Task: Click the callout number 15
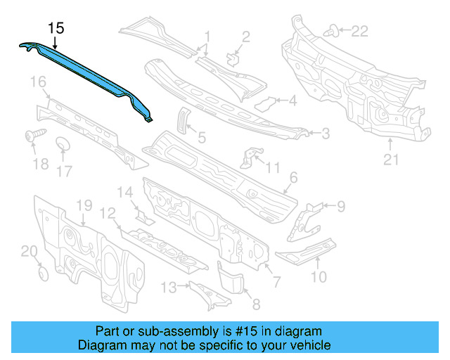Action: (x=56, y=28)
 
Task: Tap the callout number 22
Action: (x=359, y=31)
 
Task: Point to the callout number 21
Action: (x=391, y=160)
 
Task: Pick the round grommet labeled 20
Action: (x=41, y=272)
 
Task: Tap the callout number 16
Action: (x=37, y=84)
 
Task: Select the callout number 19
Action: (x=84, y=205)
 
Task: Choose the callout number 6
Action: (x=293, y=178)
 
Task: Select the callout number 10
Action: (x=319, y=276)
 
